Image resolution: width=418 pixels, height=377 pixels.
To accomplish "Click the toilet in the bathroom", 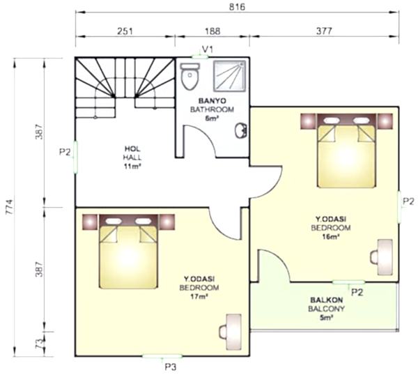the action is (189, 76).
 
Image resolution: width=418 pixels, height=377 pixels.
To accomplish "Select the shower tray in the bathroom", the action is (230, 77).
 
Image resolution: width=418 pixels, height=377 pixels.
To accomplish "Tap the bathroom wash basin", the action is (241, 130).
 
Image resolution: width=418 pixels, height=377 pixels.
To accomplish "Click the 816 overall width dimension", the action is (237, 7).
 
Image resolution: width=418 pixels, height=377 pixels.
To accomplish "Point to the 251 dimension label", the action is (125, 31).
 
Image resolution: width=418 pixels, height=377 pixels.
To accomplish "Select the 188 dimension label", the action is (212, 31).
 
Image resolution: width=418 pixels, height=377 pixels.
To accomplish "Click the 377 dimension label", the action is (324, 31).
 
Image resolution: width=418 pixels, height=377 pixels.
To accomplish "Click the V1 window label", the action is (208, 49).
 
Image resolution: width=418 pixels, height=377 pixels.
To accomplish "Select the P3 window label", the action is (171, 367).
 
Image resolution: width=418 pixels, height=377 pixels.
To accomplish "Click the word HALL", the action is (132, 157).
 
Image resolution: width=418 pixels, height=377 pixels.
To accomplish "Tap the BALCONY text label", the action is (326, 309).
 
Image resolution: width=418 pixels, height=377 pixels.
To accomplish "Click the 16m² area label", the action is (330, 236).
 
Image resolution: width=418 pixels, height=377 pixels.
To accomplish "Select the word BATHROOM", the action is (212, 109).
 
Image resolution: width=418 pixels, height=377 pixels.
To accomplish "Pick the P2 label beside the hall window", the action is (65, 152).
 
